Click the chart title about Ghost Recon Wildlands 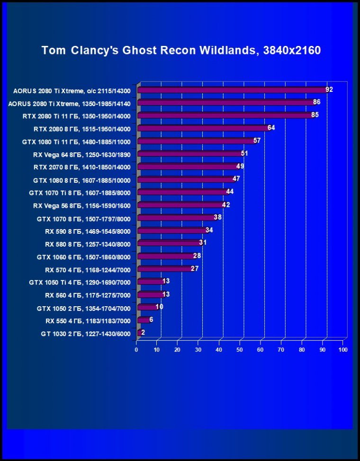tap(181, 50)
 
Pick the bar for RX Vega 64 tap(189, 154)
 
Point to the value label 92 tap(329, 89)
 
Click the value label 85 tap(315, 115)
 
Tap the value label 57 tap(257, 141)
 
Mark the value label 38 tap(218, 218)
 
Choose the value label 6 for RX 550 tap(151, 319)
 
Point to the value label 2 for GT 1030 tap(143, 332)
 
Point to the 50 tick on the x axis tap(240, 350)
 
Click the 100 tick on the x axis tap(343, 350)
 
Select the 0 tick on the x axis tap(136, 350)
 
